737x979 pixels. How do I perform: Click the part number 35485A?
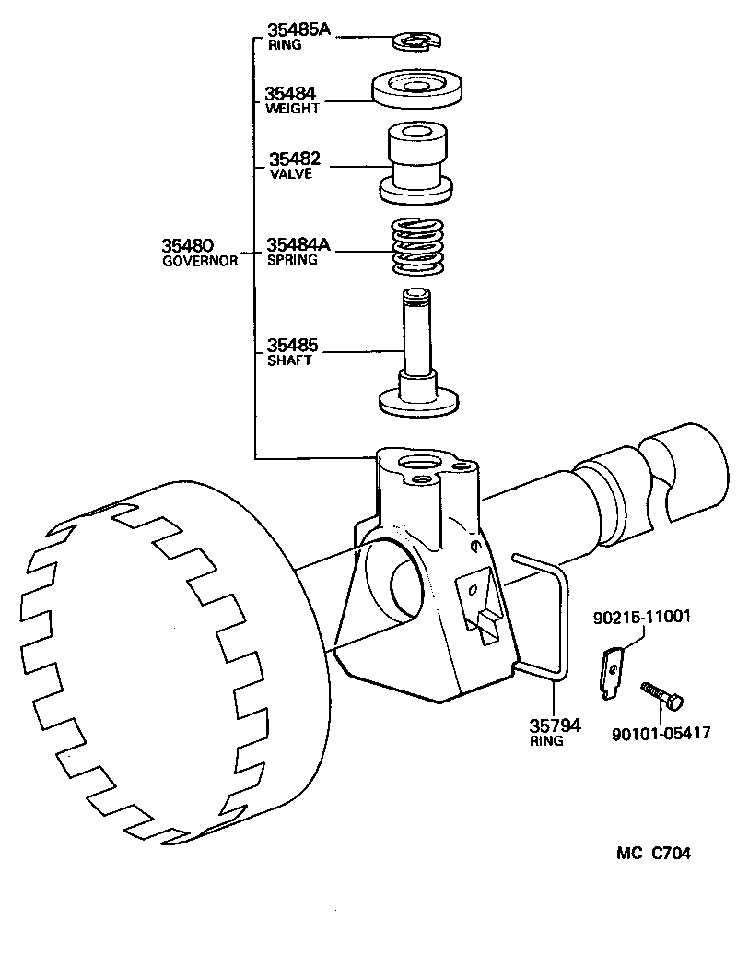(298, 29)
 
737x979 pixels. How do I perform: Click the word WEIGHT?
(291, 108)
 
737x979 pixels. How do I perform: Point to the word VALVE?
(290, 173)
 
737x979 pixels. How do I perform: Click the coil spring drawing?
(417, 246)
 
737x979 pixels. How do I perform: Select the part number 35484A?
(298, 245)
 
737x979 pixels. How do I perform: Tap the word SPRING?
(291, 260)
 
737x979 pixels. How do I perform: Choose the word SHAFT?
(288, 360)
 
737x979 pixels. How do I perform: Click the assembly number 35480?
(188, 245)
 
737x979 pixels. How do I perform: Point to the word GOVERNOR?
(200, 260)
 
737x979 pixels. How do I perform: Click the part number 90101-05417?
(661, 734)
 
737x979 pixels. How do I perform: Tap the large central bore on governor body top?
(425, 462)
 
